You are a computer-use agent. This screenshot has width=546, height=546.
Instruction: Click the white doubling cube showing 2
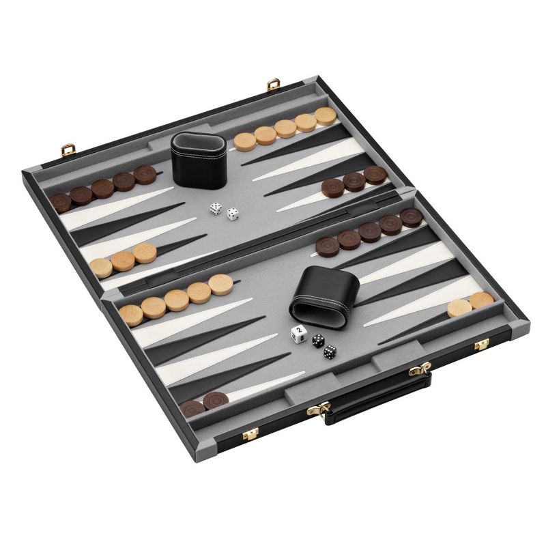point(298,334)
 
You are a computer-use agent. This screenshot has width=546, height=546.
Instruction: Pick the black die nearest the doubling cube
point(318,339)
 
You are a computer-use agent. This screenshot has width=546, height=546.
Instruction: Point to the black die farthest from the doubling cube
point(330,351)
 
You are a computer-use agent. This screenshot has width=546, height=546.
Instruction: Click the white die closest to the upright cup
point(216,209)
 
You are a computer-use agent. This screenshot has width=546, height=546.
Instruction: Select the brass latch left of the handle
point(250,434)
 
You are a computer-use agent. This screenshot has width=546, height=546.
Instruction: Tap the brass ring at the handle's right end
point(419,371)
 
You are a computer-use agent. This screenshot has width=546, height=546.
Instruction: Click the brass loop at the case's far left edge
point(36,166)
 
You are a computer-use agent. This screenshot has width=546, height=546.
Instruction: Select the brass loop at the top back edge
point(275,85)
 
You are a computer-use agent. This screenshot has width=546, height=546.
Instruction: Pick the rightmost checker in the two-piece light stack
point(481,300)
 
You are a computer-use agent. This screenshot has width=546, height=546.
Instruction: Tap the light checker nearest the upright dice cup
point(244,141)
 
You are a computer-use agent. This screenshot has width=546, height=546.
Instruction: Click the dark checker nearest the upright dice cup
point(144,175)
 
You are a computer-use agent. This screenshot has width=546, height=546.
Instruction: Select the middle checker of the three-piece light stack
point(123,260)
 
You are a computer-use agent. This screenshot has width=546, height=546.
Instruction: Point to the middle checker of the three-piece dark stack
point(354,181)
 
